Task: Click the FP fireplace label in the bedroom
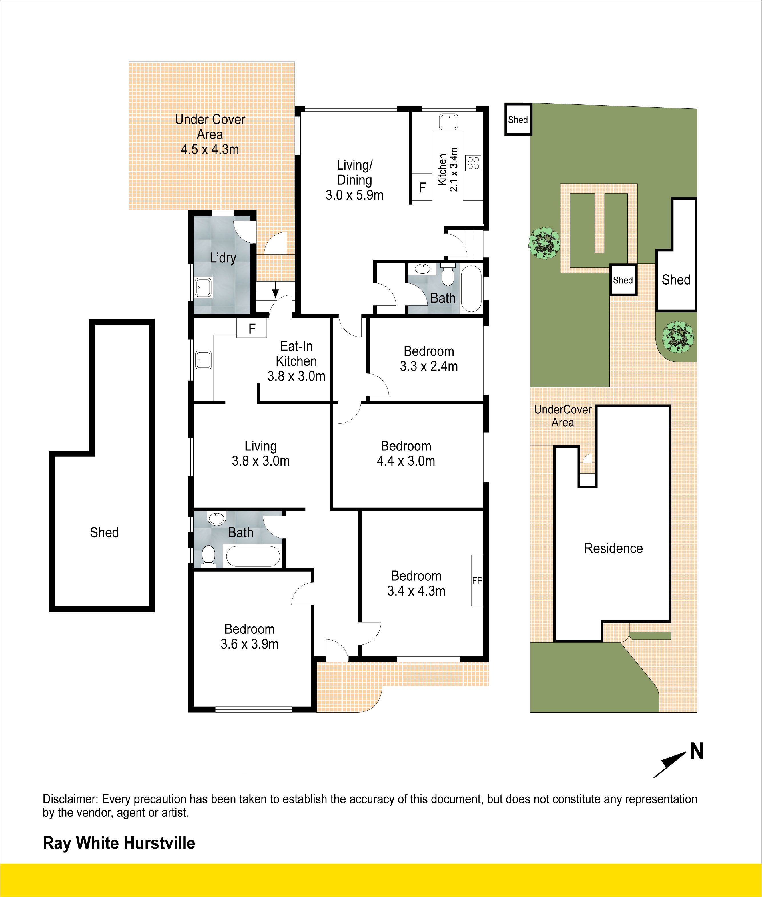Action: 477,581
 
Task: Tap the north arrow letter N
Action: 697,751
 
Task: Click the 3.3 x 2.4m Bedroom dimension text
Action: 428,366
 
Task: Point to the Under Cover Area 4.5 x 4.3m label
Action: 210,134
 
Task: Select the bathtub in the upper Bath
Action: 471,289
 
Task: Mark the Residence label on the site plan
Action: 613,548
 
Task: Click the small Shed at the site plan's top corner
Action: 518,120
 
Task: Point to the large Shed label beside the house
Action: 104,532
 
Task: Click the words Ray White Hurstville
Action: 119,843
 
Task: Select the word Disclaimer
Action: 71,799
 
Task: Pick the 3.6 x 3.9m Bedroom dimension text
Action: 250,644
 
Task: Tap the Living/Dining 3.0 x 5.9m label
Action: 355,180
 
